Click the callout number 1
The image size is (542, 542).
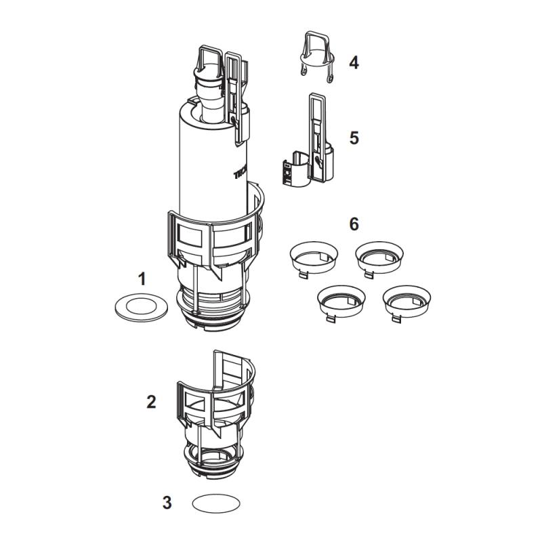(142, 278)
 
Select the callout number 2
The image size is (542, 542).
(151, 401)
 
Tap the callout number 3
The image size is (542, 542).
(167, 503)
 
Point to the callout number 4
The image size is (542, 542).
(354, 63)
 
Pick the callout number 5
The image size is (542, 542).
(354, 138)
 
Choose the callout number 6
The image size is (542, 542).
(354, 224)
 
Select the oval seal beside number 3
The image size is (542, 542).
(216, 504)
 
